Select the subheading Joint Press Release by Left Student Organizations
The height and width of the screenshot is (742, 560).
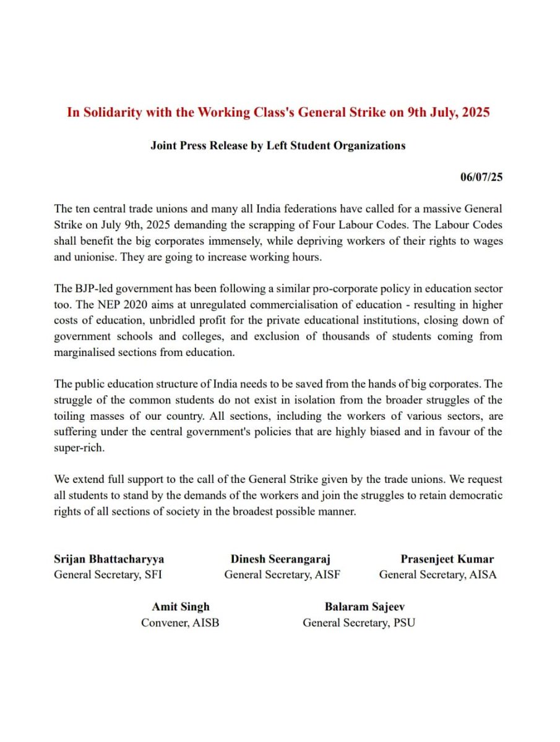pos(278,146)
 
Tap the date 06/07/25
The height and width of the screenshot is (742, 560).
pos(481,177)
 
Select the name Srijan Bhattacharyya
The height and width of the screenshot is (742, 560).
pos(109,560)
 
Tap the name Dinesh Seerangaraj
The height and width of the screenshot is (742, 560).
pos(280,560)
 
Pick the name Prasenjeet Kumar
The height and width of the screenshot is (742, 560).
pos(447,560)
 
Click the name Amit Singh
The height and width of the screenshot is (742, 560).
pos(181,607)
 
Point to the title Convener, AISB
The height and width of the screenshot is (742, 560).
pos(180,623)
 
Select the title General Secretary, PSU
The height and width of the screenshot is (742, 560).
pos(358,623)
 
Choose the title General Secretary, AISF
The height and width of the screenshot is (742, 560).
pos(282,575)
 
